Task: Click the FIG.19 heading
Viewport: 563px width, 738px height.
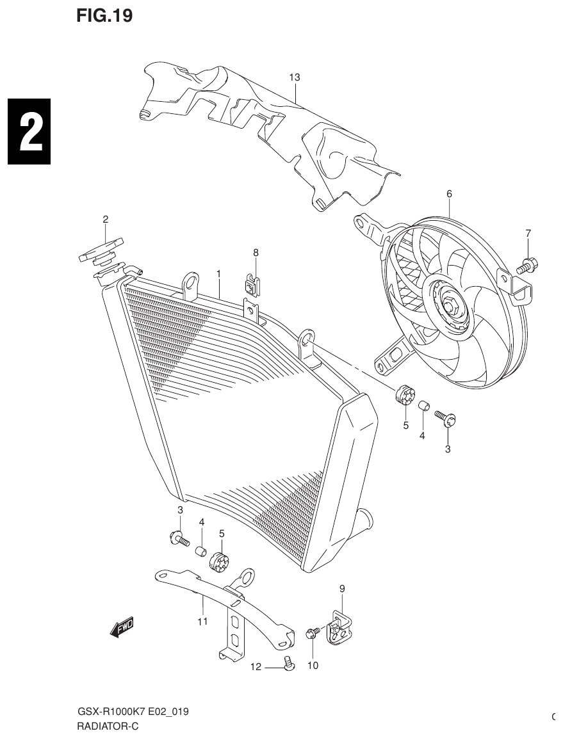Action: [104, 17]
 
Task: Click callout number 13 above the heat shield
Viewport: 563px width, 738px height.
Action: [294, 77]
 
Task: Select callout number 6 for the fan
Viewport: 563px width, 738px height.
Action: [449, 193]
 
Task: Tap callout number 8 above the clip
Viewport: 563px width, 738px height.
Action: [256, 253]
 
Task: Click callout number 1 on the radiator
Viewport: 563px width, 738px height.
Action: [218, 273]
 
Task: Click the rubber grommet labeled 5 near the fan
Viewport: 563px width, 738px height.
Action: [405, 396]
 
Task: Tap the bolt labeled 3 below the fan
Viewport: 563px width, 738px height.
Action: [445, 419]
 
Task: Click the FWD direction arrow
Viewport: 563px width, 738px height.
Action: [122, 629]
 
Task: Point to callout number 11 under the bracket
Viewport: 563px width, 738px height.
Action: [202, 621]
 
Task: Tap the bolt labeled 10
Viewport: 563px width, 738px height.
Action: [313, 634]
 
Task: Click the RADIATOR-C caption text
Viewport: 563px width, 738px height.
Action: [107, 726]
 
